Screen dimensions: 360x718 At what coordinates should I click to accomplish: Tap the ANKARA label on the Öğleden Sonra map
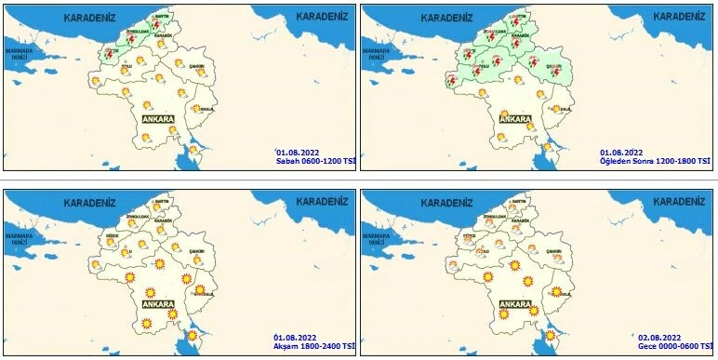pyautogui.click(x=514, y=119)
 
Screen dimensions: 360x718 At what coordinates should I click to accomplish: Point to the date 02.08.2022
pyautogui.click(x=660, y=336)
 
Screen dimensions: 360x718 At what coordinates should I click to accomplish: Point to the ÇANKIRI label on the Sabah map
pyautogui.click(x=196, y=65)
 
